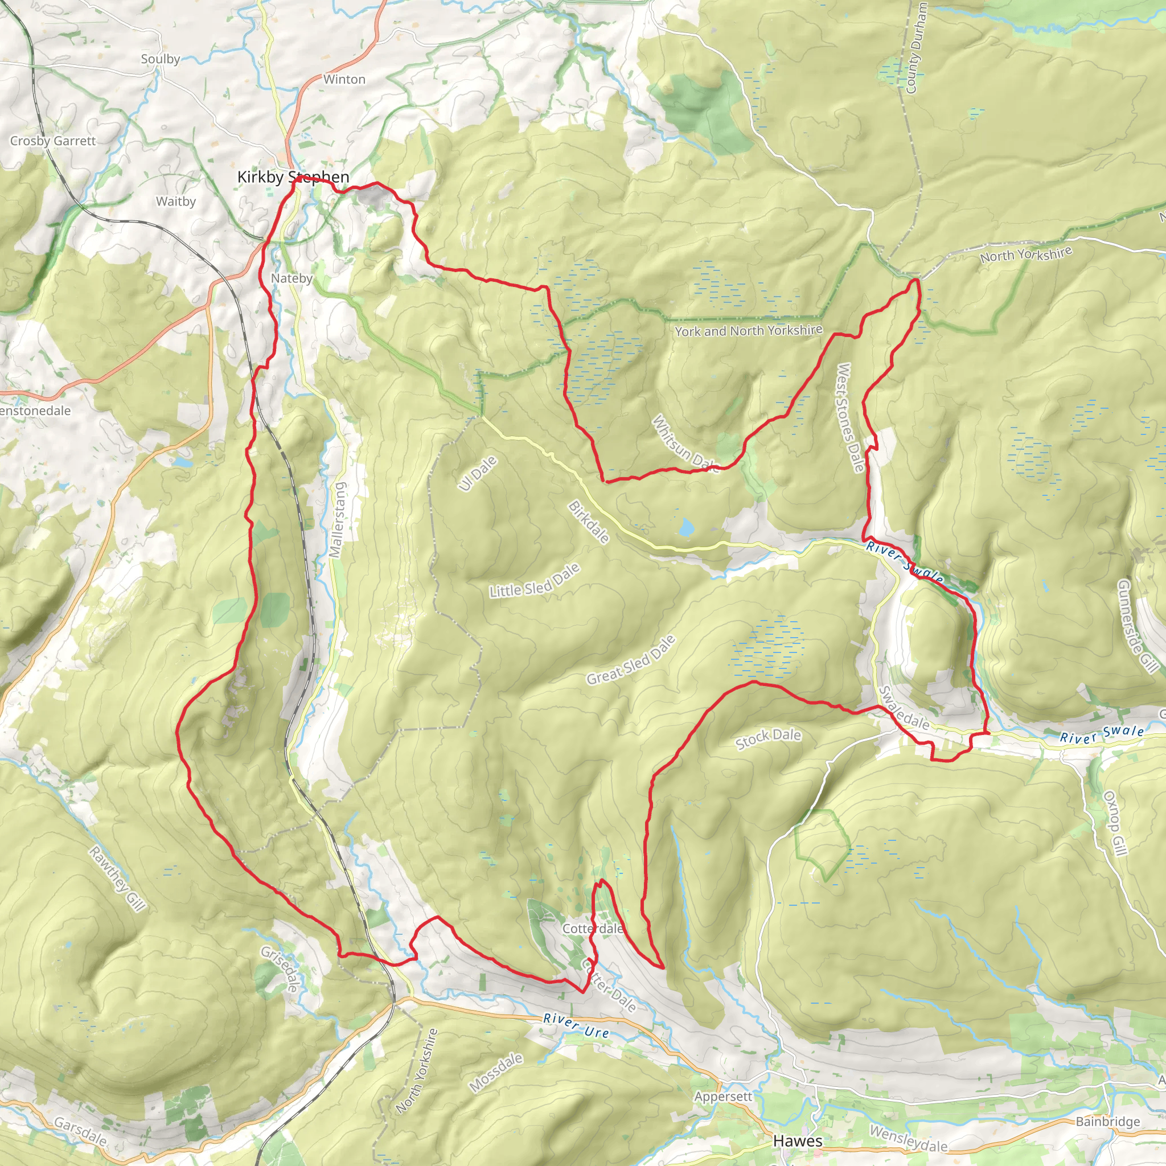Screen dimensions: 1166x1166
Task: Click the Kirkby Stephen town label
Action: (x=293, y=177)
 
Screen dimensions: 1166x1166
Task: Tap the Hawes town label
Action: (x=797, y=1140)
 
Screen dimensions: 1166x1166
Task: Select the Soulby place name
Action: (x=161, y=59)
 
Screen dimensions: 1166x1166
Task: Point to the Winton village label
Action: (x=344, y=79)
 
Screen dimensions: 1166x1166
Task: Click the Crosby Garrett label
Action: (x=53, y=141)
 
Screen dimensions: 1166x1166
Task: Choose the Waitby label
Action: (x=175, y=201)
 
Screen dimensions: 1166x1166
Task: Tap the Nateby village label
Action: (x=291, y=278)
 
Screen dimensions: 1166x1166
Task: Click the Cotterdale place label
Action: (x=593, y=928)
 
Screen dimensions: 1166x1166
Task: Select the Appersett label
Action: (x=723, y=1096)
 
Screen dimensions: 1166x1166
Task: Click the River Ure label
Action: (x=576, y=1025)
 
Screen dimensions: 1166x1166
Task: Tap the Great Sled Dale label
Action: (x=631, y=660)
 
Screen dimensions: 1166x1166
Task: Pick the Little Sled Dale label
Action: (x=535, y=581)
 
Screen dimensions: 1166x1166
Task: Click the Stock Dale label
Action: (x=768, y=738)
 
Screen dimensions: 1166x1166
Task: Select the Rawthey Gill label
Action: (x=118, y=878)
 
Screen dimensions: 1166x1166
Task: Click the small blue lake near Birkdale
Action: (x=685, y=527)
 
